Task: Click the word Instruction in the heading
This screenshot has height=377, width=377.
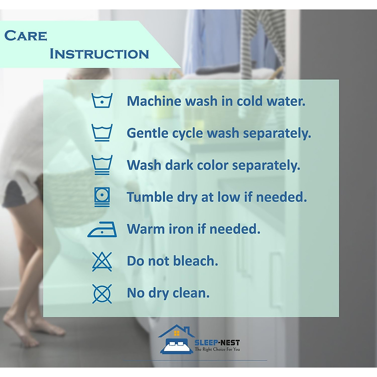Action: [99, 54]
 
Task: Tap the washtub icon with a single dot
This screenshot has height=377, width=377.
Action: [102, 100]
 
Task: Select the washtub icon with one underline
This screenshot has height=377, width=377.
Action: [102, 133]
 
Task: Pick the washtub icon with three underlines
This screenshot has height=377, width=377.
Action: [102, 165]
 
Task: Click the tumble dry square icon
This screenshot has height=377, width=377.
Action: [102, 197]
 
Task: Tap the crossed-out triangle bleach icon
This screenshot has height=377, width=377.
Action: [102, 262]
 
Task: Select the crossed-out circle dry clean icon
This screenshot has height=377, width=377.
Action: [102, 294]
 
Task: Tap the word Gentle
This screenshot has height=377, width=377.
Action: [148, 133]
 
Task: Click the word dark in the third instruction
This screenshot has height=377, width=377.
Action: [179, 165]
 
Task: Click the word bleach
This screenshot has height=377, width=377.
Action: [195, 261]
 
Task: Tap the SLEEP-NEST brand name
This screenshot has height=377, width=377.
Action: [217, 342]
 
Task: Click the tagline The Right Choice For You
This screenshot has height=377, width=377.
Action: [217, 349]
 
